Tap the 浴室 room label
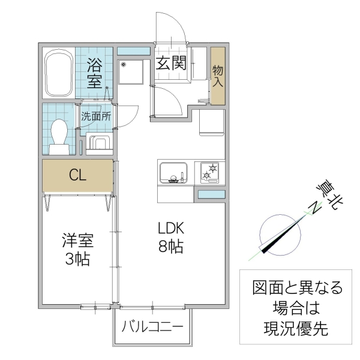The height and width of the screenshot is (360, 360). click(95, 73)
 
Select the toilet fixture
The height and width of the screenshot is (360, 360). click(59, 134)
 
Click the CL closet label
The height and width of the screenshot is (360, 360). click(77, 176)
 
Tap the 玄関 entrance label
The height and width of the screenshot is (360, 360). click(171, 63)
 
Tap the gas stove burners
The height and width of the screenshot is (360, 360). click(210, 172)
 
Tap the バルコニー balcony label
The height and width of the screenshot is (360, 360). click(152, 327)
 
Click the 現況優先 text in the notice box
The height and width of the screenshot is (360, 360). click(296, 328)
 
